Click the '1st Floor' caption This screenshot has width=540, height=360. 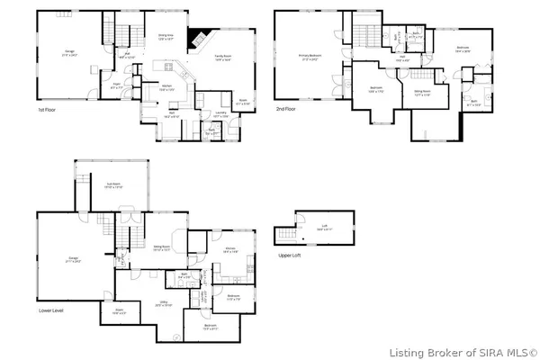click(x=47, y=110)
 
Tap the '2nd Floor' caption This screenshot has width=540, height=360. click(x=286, y=110)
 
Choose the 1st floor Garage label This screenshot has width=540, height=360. click(x=69, y=53)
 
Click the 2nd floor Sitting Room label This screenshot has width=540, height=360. click(x=421, y=90)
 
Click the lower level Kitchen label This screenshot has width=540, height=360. click(x=230, y=250)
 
